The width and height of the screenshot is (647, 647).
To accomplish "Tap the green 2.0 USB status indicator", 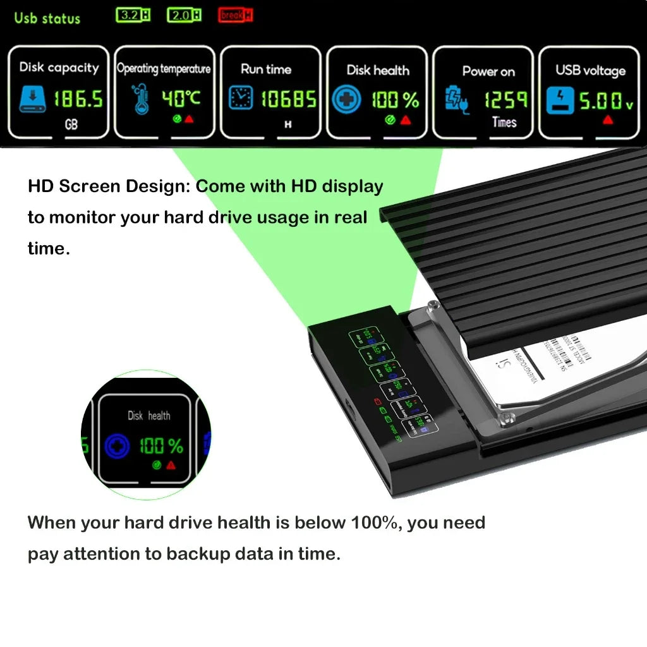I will point(184,15).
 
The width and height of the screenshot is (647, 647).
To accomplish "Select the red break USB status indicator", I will point(235,15).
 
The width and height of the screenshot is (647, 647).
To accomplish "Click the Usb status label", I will point(47,18).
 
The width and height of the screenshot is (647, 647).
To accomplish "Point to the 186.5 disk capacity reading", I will point(77,99).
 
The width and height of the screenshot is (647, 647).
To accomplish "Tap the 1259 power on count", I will point(505,99).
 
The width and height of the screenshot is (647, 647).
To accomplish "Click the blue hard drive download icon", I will point(32,99).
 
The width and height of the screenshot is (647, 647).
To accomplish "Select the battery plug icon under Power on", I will point(457,100).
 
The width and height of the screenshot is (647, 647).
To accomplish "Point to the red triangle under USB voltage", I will point(608,119).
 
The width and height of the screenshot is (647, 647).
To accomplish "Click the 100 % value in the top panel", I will point(395,100).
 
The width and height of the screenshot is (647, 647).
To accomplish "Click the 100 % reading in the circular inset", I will point(160,446).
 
